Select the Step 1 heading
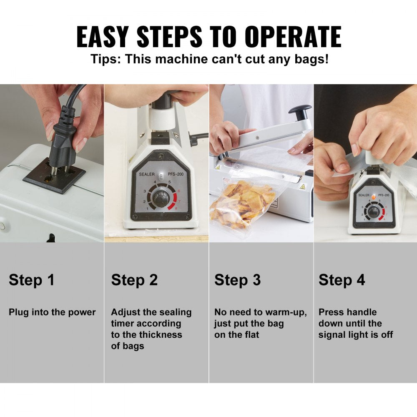[x=32, y=280]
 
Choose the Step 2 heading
[x=134, y=280]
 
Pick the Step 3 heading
[x=238, y=280]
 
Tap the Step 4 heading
[x=342, y=280]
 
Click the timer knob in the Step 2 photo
[x=161, y=198]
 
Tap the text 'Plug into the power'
[x=52, y=312]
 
